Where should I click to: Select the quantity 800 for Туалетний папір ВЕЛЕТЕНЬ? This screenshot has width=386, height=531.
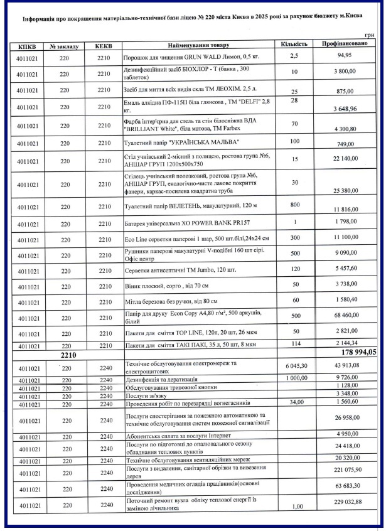[x=294, y=204]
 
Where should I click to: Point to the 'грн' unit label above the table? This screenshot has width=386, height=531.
[x=369, y=36]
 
